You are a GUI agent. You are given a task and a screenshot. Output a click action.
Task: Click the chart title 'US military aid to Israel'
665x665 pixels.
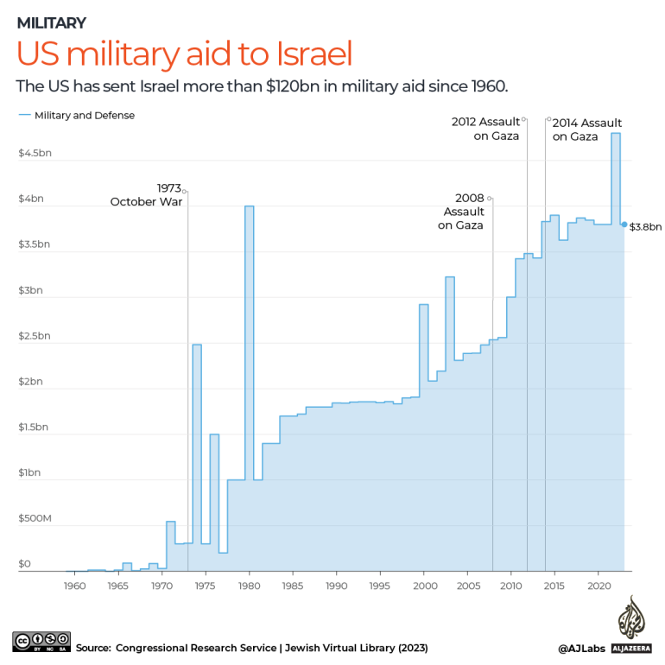pyautogui.click(x=185, y=54)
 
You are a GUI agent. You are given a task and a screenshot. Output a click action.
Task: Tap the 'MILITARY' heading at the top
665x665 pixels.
pyautogui.click(x=52, y=22)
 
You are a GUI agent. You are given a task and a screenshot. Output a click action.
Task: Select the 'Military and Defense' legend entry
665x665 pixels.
pyautogui.click(x=84, y=115)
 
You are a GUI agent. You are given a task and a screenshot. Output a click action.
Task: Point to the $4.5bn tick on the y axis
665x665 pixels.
pyautogui.click(x=34, y=153)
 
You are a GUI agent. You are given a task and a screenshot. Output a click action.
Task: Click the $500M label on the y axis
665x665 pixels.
pyautogui.click(x=35, y=518)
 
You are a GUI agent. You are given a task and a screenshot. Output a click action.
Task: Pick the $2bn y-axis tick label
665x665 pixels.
pyautogui.click(x=31, y=381)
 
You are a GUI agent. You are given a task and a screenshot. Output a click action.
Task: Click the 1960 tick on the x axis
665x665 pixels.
pyautogui.click(x=74, y=586)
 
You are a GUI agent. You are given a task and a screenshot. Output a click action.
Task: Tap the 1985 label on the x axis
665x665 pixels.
pyautogui.click(x=294, y=586)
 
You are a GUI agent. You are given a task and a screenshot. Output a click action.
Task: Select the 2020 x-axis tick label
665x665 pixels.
pyautogui.click(x=600, y=586)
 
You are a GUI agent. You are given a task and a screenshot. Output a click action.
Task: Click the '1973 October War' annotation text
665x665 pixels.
pyautogui.click(x=147, y=194)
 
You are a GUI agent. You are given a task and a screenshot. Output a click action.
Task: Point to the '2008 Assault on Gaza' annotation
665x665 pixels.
pyautogui.click(x=461, y=212)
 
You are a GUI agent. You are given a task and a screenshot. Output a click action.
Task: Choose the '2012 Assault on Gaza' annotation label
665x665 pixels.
pyautogui.click(x=485, y=129)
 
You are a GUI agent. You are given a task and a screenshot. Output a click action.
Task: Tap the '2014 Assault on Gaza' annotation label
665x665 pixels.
pyautogui.click(x=586, y=130)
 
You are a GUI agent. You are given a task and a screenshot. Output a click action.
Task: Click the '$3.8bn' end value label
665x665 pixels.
pyautogui.click(x=645, y=227)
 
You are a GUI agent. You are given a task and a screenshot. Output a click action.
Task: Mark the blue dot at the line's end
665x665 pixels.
pyautogui.click(x=624, y=225)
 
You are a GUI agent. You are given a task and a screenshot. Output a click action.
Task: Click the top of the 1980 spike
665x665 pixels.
pyautogui.click(x=249, y=206)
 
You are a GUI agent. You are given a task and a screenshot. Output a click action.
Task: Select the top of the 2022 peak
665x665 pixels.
pyautogui.click(x=616, y=133)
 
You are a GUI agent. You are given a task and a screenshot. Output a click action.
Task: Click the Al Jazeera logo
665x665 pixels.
pyautogui.click(x=631, y=624)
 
